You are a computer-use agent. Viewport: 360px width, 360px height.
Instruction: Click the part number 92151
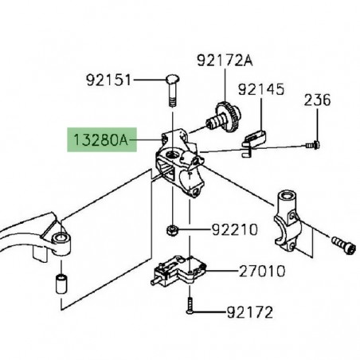click(108, 80)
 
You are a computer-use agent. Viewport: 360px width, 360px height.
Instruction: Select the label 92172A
click(225, 60)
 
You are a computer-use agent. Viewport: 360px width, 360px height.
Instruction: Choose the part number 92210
click(235, 230)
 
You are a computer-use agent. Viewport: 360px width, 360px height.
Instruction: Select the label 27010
click(262, 271)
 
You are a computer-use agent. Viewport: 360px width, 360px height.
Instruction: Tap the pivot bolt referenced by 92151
click(174, 88)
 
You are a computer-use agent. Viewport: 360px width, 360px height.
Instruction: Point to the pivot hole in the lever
click(57, 237)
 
